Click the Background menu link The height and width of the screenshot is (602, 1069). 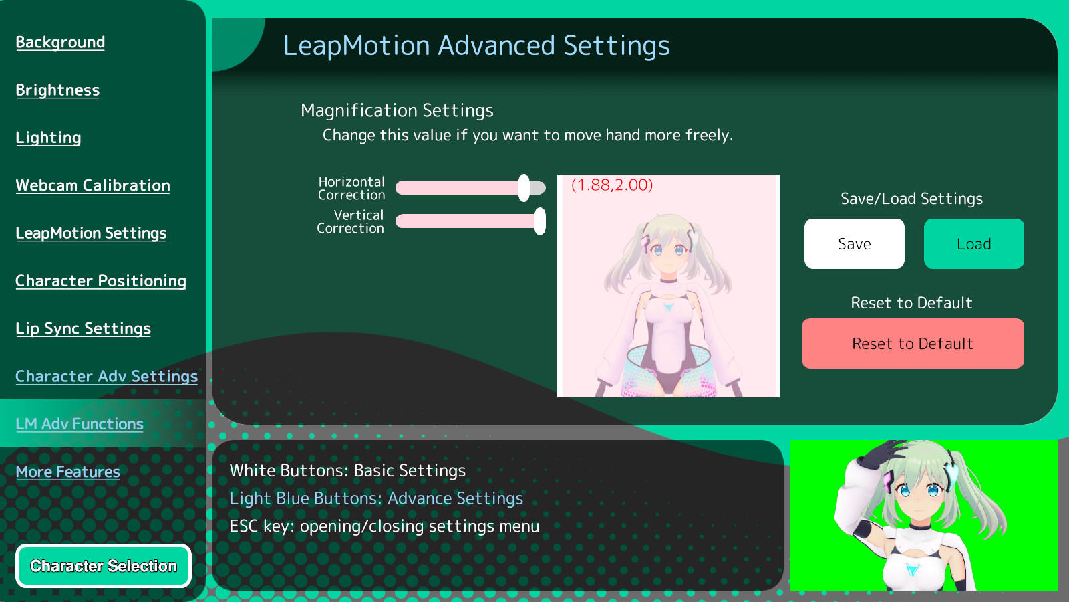coord(60,43)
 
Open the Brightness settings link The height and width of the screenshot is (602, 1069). coord(57,90)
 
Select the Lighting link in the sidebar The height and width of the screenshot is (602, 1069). coord(48,138)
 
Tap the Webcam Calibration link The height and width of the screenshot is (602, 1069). coord(93,185)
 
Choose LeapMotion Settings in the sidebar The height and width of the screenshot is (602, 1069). coord(91,233)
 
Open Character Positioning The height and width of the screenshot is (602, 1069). coord(101,281)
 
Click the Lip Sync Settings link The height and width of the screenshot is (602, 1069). coord(83,328)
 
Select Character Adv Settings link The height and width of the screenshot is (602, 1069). coord(106,377)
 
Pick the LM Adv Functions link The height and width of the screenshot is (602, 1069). coord(80,424)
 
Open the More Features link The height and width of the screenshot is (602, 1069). coord(67,472)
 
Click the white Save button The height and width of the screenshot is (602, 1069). coord(855,243)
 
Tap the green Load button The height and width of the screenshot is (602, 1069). coord(974,243)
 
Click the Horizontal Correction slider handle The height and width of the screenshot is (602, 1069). coord(524,188)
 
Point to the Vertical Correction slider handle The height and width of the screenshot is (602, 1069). coord(540,221)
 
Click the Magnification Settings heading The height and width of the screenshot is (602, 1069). coord(397,111)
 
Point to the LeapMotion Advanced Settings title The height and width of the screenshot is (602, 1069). coord(476,46)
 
